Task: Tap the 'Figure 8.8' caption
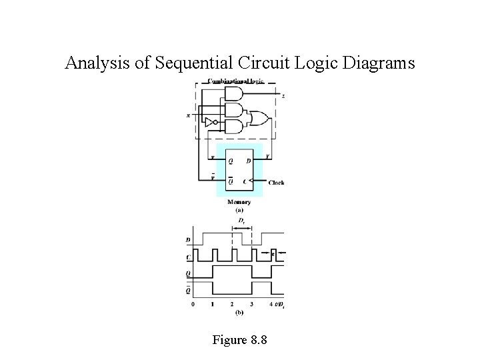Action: point(239,340)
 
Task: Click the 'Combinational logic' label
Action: point(235,81)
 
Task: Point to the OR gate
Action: point(258,119)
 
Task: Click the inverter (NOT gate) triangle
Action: point(210,123)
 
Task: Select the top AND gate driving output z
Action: point(234,94)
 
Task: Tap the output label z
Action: point(283,97)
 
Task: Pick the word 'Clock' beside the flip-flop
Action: point(277,182)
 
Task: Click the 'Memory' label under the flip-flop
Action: point(239,202)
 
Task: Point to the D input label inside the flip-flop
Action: point(249,161)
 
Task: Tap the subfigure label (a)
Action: point(239,210)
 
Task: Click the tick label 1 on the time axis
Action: point(213,305)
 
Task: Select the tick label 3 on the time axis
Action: point(251,305)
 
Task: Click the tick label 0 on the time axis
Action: point(193,305)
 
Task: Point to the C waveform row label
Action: point(189,255)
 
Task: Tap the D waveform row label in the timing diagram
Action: point(189,239)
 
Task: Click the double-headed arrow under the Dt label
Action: point(241,227)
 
